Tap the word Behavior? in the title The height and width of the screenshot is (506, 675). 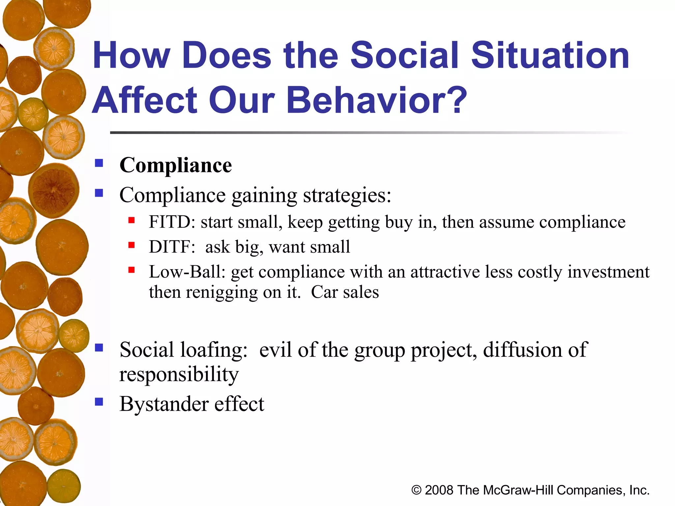[377, 100]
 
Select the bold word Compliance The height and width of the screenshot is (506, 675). [176, 165]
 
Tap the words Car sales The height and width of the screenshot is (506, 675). [345, 292]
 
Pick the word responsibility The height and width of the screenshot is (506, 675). [179, 375]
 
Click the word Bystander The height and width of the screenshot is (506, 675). [164, 404]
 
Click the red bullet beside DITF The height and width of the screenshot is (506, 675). [132, 245]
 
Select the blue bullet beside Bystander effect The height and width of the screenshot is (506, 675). [99, 402]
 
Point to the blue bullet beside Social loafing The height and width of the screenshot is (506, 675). [99, 348]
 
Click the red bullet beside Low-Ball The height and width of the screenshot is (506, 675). [132, 270]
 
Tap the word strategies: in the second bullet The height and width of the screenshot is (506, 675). [347, 195]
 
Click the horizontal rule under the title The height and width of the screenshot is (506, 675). [363, 133]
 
